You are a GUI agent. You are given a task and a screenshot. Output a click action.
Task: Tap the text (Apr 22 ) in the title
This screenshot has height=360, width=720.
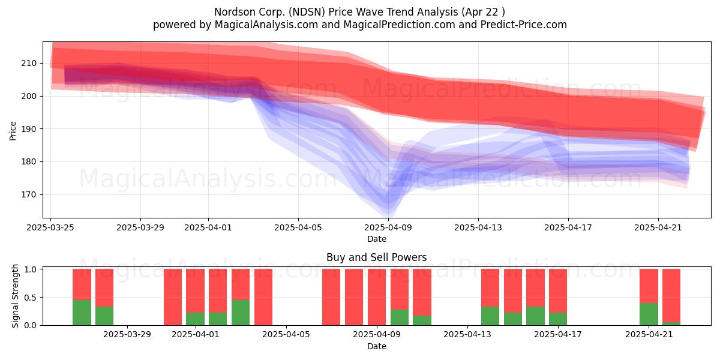[x=483, y=12]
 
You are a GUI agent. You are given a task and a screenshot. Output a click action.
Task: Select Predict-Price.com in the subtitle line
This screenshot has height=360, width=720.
[x=524, y=25]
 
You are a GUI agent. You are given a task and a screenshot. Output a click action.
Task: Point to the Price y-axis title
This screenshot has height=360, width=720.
[x=13, y=131]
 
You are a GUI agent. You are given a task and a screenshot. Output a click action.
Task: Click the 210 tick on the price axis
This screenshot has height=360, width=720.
[x=29, y=64]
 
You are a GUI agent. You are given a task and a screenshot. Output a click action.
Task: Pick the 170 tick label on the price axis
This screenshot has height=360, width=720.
[x=29, y=195]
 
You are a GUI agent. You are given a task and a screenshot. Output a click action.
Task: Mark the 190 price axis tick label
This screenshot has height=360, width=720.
[x=29, y=129]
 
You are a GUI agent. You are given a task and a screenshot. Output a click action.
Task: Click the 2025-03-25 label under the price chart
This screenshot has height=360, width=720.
[x=50, y=227]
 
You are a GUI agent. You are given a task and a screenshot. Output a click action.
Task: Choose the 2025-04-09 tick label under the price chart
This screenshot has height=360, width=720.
[x=388, y=227]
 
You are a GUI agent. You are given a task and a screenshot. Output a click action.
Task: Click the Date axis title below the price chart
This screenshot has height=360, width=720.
[x=377, y=239]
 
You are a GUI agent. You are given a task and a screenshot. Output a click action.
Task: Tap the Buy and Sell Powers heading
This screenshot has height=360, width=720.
[x=377, y=257]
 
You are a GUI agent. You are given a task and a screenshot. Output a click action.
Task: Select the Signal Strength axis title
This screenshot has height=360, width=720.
[x=15, y=296]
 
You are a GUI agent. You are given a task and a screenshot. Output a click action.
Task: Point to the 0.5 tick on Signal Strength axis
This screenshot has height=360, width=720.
[x=31, y=298]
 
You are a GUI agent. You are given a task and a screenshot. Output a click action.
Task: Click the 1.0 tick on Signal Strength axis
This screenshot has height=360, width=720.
[x=31, y=269]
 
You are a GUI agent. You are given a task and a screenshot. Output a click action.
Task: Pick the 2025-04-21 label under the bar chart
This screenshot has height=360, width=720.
[x=649, y=335]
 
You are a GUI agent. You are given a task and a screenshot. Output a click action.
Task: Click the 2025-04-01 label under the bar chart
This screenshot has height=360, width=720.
[x=196, y=335]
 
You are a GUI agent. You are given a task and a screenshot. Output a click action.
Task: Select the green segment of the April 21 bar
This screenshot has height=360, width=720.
[x=649, y=314]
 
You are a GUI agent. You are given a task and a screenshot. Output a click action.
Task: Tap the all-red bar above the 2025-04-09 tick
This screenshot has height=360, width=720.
[x=377, y=297]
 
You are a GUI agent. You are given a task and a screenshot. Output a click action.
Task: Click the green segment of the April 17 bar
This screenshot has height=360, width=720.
[x=558, y=319]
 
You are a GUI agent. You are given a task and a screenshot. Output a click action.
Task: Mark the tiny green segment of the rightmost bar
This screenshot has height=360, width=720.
[x=671, y=323]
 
